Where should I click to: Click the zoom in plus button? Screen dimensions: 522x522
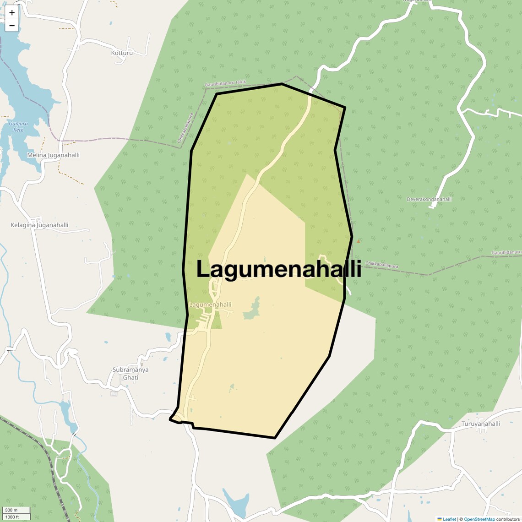click(12, 13)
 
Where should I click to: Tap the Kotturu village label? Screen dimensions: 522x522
click(122, 53)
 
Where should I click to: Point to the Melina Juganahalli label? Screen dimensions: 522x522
click(53, 155)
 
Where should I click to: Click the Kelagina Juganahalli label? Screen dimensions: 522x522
click(39, 225)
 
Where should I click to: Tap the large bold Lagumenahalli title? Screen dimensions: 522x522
click(278, 269)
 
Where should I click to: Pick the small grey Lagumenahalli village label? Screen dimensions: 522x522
click(210, 304)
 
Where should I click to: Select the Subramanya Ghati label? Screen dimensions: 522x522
click(130, 374)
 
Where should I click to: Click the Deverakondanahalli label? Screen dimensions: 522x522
click(429, 199)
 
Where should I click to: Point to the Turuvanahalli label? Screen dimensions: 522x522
click(480, 424)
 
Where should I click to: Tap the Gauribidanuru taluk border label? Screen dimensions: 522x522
click(225, 84)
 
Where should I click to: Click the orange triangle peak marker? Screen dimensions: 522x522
click(358, 241)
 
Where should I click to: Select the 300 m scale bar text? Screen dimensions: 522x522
click(11, 510)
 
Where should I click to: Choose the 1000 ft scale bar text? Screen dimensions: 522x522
click(12, 517)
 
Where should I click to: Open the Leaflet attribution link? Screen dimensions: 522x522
click(449, 519)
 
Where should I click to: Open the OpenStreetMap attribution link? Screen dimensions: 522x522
click(479, 519)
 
